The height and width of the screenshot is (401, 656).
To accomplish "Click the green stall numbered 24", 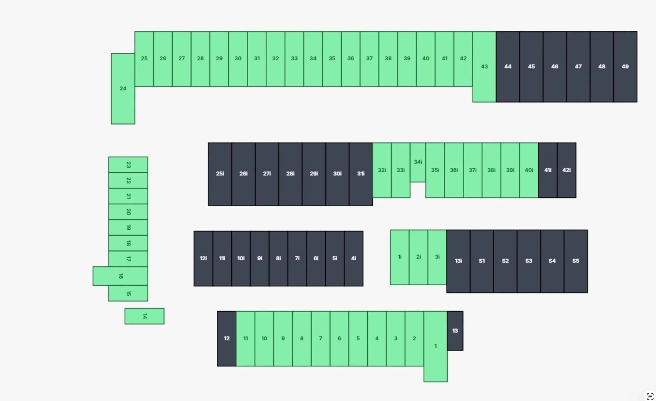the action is tap(123, 89).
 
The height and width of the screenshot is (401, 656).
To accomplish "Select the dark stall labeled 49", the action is tap(625, 67).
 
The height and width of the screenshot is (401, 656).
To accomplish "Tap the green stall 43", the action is tap(484, 67).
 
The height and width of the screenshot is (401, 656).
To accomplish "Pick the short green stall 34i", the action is tap(418, 162).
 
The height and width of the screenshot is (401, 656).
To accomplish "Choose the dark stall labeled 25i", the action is tap(220, 174).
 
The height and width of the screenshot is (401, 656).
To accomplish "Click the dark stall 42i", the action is tap(567, 170).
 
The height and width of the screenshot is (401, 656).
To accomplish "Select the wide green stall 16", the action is tap(120, 276).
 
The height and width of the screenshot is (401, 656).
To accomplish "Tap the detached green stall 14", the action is tap(144, 316).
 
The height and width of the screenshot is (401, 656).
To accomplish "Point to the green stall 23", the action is tap(128, 165).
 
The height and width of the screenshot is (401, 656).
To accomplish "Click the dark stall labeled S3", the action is tap(529, 261).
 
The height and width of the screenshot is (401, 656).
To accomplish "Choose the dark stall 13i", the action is tap(458, 261).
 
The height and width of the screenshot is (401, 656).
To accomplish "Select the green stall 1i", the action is tap(400, 257).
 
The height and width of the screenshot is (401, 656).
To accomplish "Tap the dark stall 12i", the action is tap(203, 258).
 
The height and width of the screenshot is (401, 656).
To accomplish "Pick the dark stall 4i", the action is tap(353, 258).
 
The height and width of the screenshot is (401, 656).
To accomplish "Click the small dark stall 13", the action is tap(455, 331).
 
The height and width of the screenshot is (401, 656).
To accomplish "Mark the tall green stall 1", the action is tap(436, 346).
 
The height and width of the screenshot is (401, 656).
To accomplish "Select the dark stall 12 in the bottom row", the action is tap(226, 339).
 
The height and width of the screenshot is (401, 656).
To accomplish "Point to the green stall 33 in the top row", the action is tap(294, 59).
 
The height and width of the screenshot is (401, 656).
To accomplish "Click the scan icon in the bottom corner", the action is tap(650, 396).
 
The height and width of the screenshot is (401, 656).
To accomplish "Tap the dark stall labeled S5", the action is tap(576, 261).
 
